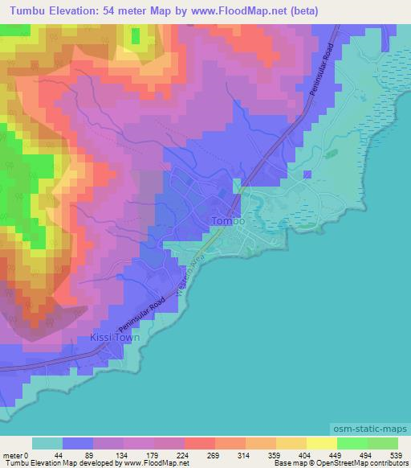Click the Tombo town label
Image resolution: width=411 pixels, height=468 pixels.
click(227, 220)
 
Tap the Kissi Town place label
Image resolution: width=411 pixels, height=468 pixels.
click(116, 338)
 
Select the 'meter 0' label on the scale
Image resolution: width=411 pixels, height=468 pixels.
click(15, 455)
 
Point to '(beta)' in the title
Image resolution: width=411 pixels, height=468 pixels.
click(304, 10)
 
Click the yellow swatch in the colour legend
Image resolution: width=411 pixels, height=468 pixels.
click(321, 443)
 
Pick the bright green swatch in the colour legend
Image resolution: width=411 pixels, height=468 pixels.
click(352, 443)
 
